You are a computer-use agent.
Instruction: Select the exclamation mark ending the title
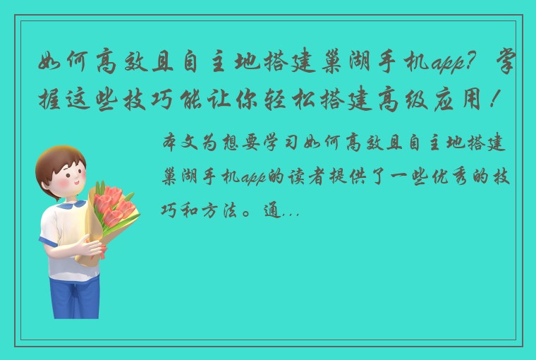click(508, 104)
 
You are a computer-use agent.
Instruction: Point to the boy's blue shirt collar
click(67, 207)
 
